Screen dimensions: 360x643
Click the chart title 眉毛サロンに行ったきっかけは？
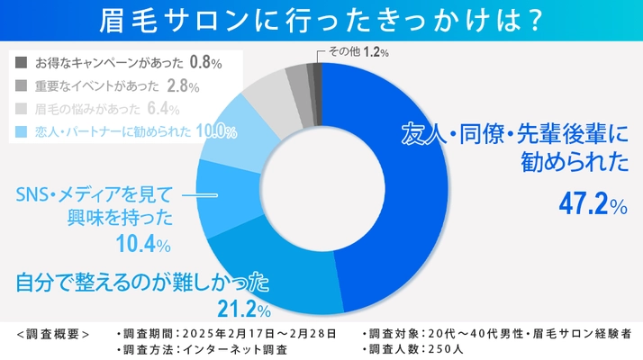[321, 20]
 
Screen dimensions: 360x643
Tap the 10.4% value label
[144, 243]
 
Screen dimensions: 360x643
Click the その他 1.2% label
[358, 53]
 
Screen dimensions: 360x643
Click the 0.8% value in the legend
[205, 64]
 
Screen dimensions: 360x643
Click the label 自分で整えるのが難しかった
[144, 283]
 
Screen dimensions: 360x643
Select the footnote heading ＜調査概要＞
[53, 333]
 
